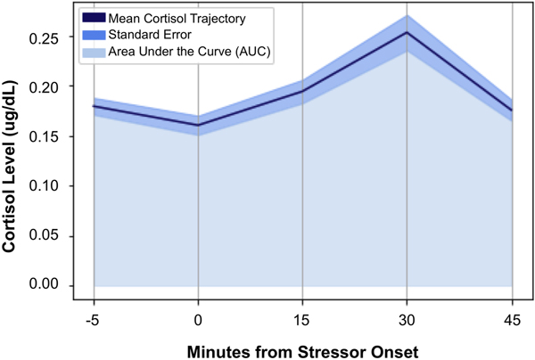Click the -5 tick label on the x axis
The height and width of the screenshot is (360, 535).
[x=94, y=319]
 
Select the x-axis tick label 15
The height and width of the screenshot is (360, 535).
[x=302, y=319]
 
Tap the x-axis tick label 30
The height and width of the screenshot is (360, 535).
[x=407, y=319]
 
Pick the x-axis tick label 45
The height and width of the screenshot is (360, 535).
[x=511, y=319]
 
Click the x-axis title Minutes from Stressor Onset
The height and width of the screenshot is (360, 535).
[x=302, y=349]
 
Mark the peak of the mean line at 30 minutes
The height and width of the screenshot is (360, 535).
[x=407, y=33]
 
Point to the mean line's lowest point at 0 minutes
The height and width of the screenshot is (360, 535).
[x=198, y=125]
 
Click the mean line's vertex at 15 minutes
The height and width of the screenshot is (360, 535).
[x=302, y=92]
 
